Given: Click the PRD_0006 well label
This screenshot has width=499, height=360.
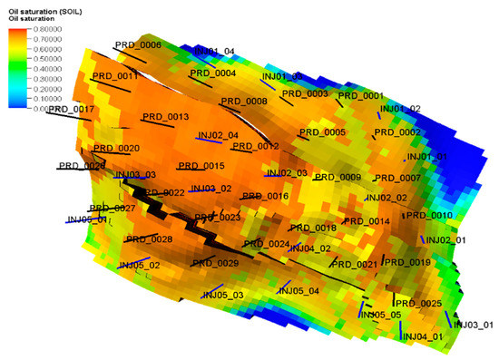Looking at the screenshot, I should click(138, 44).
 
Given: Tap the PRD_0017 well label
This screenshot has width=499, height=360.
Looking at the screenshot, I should click(72, 109).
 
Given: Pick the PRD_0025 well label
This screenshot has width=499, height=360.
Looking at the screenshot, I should click(418, 303).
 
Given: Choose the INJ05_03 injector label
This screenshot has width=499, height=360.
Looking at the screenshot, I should click(222, 295).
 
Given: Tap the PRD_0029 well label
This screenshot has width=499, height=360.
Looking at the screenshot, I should click(215, 263).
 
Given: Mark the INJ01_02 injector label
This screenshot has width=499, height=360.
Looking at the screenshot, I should click(400, 109).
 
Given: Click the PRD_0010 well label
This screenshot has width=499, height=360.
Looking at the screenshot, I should click(429, 215).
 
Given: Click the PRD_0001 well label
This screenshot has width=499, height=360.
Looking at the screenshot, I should click(361, 95).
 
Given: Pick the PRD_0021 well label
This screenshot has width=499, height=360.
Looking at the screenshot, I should click(354, 264).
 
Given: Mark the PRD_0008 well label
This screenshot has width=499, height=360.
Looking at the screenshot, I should click(244, 102).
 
